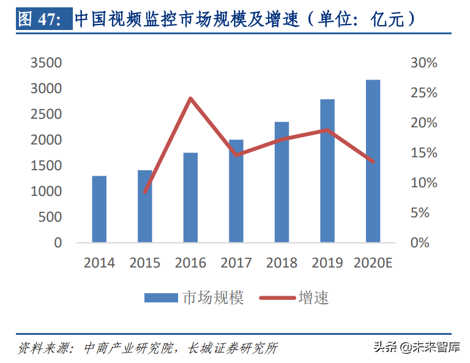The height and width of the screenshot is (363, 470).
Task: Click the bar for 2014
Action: [x=99, y=209]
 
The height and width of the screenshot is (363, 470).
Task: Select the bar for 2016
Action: [x=190, y=197]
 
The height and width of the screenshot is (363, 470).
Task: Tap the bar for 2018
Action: [x=282, y=182]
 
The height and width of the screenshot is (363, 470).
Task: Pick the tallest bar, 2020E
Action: [x=373, y=161]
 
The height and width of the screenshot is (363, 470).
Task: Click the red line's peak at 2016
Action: [x=190, y=99]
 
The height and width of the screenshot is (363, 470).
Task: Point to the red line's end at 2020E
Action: [x=373, y=162]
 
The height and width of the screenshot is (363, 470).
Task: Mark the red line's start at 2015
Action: [x=145, y=192]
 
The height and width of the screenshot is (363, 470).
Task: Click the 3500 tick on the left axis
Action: [x=46, y=63]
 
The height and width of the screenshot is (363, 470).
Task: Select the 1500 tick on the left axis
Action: [x=46, y=166]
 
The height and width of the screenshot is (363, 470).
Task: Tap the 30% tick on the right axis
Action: [x=424, y=63]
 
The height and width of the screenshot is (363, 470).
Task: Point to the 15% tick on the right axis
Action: [x=424, y=153]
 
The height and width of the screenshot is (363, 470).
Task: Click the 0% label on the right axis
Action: [x=420, y=243]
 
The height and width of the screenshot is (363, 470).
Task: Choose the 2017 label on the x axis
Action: [x=236, y=263]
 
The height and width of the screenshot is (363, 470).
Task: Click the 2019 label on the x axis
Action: [x=327, y=263]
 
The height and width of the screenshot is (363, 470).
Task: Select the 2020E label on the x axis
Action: [x=373, y=263]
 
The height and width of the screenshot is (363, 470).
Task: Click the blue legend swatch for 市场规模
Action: [x=161, y=298]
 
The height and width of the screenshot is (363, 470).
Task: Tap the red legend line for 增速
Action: [x=277, y=298]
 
